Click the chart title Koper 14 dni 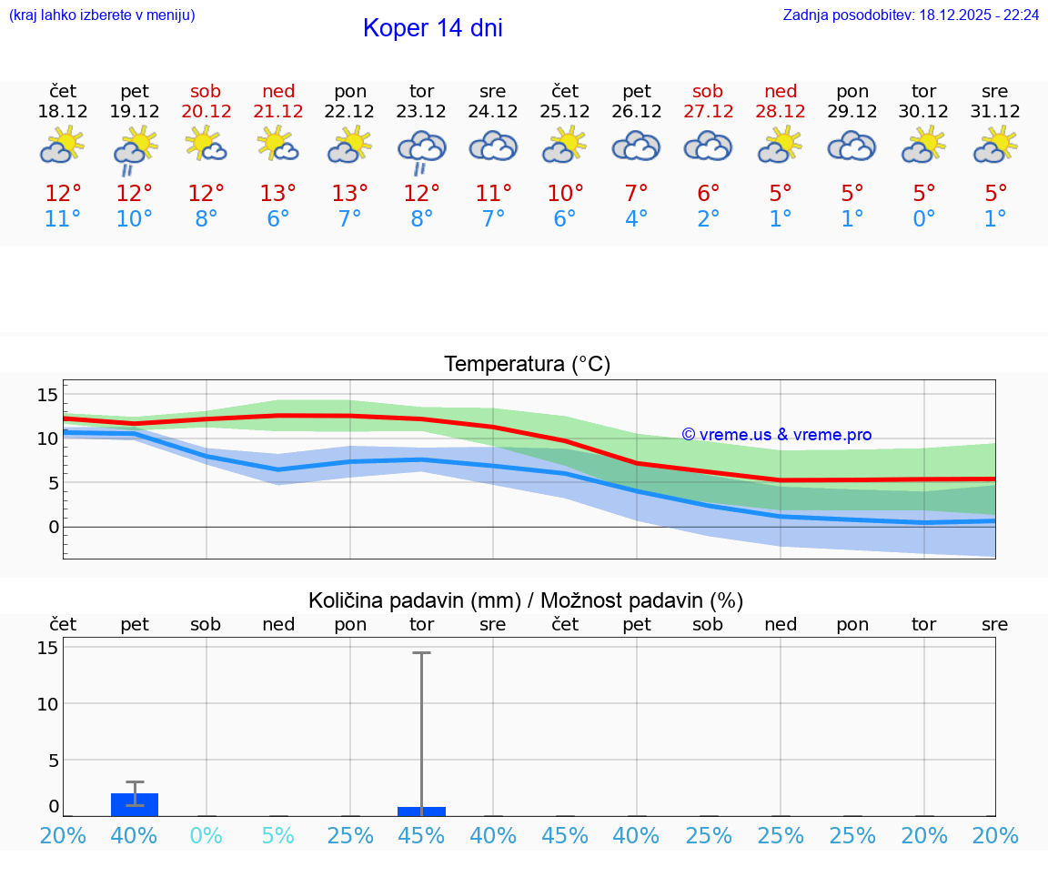[x=432, y=28]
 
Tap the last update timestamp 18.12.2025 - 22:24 [x=979, y=15]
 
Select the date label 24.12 [x=493, y=112]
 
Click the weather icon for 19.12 [x=135, y=148]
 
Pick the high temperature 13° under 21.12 [x=277, y=194]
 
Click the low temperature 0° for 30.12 [x=924, y=219]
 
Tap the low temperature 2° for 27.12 [x=708, y=219]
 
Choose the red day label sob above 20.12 [x=206, y=91]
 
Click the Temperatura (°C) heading [x=527, y=365]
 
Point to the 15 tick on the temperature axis [x=47, y=395]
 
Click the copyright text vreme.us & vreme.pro [x=776, y=435]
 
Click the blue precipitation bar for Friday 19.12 [x=135, y=805]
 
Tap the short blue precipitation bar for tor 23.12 [x=421, y=811]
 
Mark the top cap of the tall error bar [x=421, y=652]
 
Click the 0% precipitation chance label [x=206, y=836]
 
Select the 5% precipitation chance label [x=277, y=836]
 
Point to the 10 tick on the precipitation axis [x=47, y=704]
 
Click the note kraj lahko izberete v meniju [x=102, y=15]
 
